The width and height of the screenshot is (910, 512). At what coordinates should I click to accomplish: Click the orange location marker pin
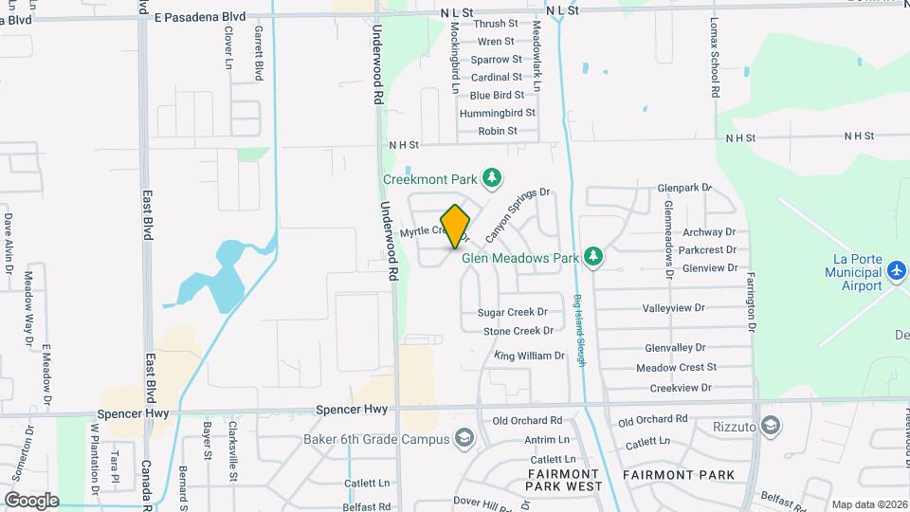(x=455, y=227)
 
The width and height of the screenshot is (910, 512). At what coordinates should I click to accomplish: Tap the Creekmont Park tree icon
(x=491, y=177)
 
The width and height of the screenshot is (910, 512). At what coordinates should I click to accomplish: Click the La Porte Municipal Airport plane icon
(x=898, y=272)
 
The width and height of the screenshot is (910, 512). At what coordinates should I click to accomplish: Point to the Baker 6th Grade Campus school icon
(x=464, y=438)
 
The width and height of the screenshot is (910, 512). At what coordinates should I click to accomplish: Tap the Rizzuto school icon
(x=771, y=426)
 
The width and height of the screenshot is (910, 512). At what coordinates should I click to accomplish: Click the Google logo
(x=31, y=500)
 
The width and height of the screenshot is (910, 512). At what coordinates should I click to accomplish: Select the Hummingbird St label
(x=498, y=113)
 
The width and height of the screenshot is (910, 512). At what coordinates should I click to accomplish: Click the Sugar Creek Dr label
(x=513, y=312)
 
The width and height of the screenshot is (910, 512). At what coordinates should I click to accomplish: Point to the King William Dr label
(x=529, y=357)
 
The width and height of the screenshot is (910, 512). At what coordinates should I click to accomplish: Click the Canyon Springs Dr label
(x=518, y=213)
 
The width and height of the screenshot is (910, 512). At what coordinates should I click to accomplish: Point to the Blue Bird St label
(x=497, y=95)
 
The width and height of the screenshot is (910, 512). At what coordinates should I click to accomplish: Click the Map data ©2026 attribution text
(x=867, y=504)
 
